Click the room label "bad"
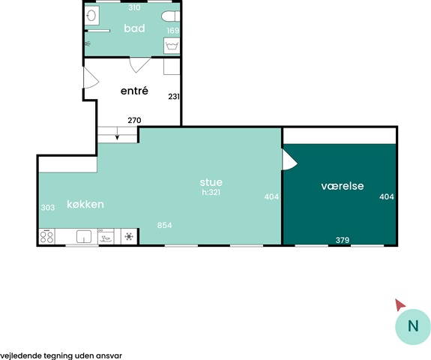click(134, 28)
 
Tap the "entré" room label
click(134, 91)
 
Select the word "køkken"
click(85, 204)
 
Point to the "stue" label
click(211, 182)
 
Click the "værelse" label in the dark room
click(343, 186)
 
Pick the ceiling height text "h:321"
click(211, 192)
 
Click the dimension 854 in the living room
click(165, 225)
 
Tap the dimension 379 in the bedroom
click(343, 240)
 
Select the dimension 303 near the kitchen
click(48, 207)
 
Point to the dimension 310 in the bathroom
click(134, 7)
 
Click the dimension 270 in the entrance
click(134, 120)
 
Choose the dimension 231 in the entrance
click(174, 97)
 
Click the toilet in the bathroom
click(170, 16)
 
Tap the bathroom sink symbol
click(91, 16)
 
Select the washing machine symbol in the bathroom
click(172, 46)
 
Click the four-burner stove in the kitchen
click(46, 236)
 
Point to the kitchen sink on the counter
click(84, 236)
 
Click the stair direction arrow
click(118, 133)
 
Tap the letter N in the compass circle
click(413, 326)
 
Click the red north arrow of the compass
click(400, 304)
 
